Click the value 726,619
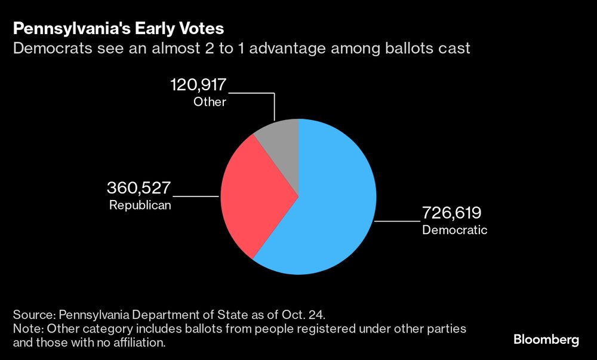pyautogui.click(x=452, y=213)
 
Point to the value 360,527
pyautogui.click(x=139, y=188)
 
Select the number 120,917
pyautogui.click(x=198, y=85)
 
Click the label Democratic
pyautogui.click(x=454, y=230)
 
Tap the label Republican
pyautogui.click(x=140, y=205)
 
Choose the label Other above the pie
pyautogui.click(x=210, y=102)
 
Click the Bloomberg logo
pyautogui.click(x=546, y=340)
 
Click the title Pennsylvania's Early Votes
pyautogui.click(x=119, y=28)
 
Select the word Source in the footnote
pyautogui.click(x=32, y=314)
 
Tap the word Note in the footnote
pyautogui.click(x=26, y=329)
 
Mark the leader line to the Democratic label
pyautogui.click(x=398, y=221)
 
